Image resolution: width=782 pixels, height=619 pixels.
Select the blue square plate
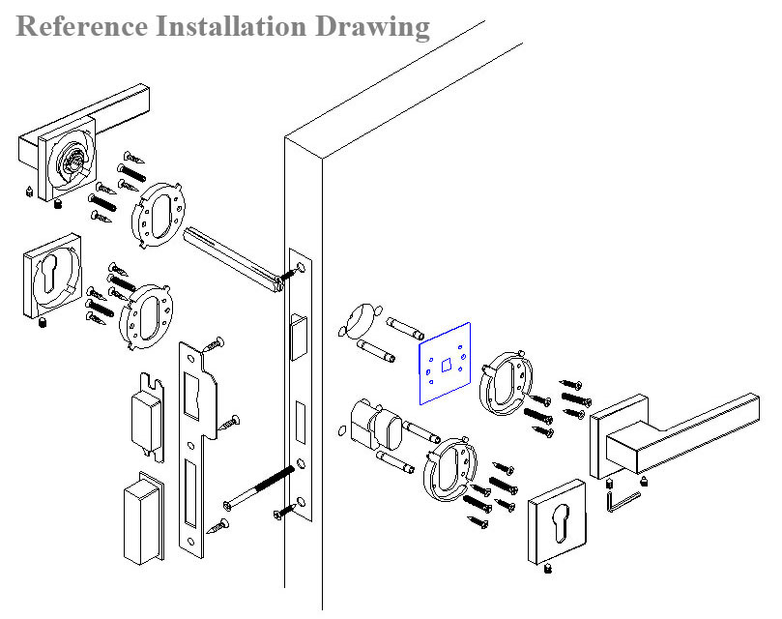(444, 363)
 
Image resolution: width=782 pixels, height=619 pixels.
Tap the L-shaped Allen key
(623, 500)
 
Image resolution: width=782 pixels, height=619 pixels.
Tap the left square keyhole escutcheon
(49, 280)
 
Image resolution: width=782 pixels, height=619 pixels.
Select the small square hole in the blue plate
(446, 364)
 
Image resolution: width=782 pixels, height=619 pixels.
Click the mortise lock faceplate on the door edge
(300, 387)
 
